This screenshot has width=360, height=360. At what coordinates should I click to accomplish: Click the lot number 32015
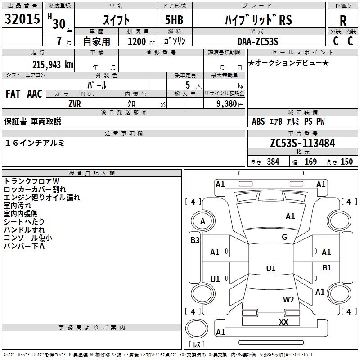click(x=22, y=19)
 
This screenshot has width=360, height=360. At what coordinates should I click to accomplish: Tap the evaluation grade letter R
click(x=343, y=21)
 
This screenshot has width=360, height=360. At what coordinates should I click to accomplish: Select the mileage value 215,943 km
click(x=53, y=65)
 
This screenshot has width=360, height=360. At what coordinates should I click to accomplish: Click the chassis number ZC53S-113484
click(x=302, y=143)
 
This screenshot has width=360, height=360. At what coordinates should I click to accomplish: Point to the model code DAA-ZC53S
click(x=258, y=41)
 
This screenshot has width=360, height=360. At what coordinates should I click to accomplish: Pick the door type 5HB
click(x=174, y=20)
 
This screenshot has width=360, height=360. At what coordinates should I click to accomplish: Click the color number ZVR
click(x=75, y=104)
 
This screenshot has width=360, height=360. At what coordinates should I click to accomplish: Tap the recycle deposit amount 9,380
click(x=227, y=104)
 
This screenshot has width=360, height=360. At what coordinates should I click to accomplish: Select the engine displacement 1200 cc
click(x=141, y=41)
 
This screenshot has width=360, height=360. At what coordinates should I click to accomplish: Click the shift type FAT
click(x=13, y=94)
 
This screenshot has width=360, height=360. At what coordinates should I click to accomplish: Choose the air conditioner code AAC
click(x=35, y=94)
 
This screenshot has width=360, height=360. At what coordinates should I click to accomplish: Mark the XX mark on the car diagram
click(x=283, y=322)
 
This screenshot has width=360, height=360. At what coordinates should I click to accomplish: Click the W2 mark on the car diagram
click(x=288, y=299)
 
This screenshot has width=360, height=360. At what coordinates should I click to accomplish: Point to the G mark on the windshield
click(x=284, y=237)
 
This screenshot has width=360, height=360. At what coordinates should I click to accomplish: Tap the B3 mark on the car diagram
click(x=195, y=240)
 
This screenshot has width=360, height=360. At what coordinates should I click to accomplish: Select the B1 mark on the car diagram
click(x=327, y=267)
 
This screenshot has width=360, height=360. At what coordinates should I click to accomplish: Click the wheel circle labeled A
click(x=203, y=221)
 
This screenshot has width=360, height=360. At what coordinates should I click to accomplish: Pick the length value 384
click(x=273, y=162)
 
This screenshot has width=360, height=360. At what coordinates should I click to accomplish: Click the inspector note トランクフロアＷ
click(x=31, y=181)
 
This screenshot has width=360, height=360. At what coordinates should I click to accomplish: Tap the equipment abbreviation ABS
click(x=258, y=121)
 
